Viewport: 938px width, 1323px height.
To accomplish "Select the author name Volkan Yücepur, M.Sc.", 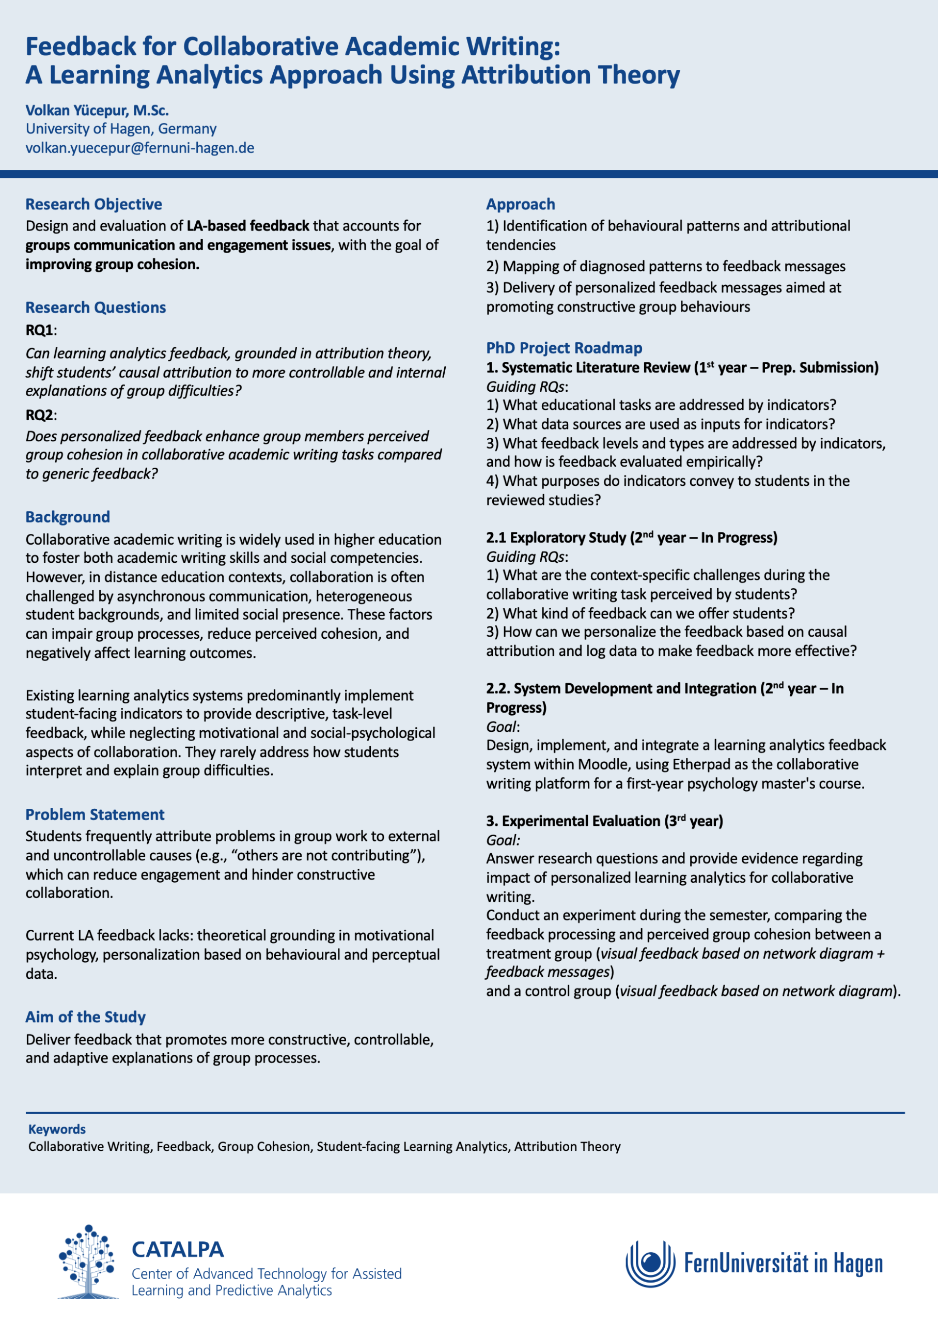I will pos(97,111).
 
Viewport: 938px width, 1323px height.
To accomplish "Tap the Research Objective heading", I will pos(93,204).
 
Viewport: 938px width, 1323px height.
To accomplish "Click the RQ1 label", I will pos(39,330).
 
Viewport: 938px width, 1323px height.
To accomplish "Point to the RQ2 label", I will pos(39,415).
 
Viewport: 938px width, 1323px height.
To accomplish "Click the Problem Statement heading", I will pos(95,814).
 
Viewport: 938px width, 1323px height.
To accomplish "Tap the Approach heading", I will pos(521,204).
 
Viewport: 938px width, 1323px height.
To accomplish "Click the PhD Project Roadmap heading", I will pos(564,348).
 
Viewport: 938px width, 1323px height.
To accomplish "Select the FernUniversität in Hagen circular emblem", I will pos(650,1264).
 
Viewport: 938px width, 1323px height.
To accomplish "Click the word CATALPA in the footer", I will pos(177,1249).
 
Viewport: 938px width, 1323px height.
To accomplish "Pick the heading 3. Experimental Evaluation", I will pos(604,821).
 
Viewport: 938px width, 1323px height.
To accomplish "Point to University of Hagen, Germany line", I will pos(121,129).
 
